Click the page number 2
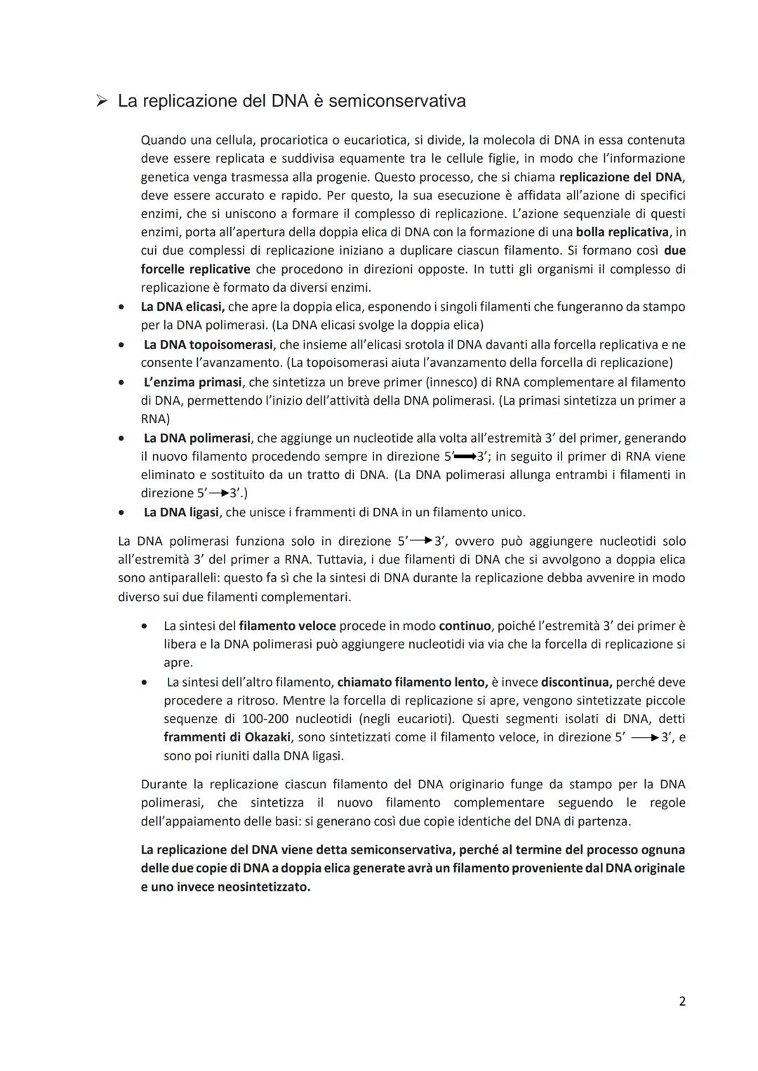pos(681,1001)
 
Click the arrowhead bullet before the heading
pos(102,102)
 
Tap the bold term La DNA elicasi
pos(182,307)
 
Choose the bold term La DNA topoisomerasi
pos(208,344)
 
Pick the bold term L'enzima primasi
pos(193,382)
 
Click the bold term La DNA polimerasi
pos(197,438)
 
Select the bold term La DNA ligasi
pos(181,512)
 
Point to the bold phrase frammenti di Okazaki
pos(227,737)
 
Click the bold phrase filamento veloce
pos(287,626)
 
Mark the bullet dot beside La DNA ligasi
pos(122,513)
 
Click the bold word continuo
pos(465,626)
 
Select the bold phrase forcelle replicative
pos(195,269)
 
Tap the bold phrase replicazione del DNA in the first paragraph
pos(620,177)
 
